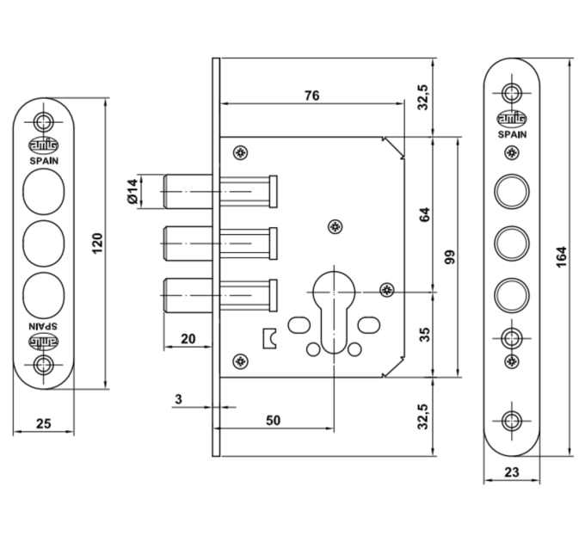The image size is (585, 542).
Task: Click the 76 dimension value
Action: (312, 95)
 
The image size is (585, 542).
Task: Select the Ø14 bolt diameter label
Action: (132, 191)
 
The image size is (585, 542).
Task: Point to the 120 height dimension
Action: (97, 243)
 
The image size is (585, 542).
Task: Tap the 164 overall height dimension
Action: (562, 256)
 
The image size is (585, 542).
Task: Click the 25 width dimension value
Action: (43, 424)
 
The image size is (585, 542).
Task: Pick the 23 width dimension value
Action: (512, 472)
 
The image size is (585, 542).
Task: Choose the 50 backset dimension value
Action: (273, 421)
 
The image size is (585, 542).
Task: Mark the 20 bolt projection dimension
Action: (188, 339)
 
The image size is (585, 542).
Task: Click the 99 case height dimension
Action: (450, 257)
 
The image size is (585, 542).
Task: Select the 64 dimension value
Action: (425, 214)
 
